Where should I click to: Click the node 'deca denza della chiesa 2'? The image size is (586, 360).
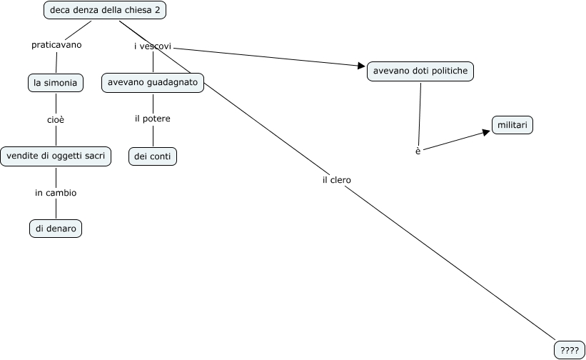[104, 10]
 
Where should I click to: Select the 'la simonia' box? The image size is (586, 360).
[56, 83]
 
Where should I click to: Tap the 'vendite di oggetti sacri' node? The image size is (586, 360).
[56, 156]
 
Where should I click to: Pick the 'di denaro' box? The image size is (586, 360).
[56, 229]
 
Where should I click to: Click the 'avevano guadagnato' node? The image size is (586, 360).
[153, 83]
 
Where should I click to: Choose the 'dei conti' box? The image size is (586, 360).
[153, 156]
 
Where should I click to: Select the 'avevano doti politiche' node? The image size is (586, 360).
[420, 71]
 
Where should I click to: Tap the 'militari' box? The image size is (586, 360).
[512, 125]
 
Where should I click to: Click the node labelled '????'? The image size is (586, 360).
[569, 350]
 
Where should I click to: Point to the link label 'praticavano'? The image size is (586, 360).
[56, 45]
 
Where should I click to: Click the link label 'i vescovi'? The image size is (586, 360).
[153, 46]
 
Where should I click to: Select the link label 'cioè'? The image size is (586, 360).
[56, 119]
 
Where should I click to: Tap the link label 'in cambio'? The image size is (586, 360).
[56, 193]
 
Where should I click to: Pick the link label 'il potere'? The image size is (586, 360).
[153, 119]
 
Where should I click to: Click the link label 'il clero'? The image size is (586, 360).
[336, 180]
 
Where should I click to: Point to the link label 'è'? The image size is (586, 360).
[418, 151]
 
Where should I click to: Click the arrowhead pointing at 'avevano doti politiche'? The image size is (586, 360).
[361, 66]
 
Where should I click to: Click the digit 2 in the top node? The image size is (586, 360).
[157, 10]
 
